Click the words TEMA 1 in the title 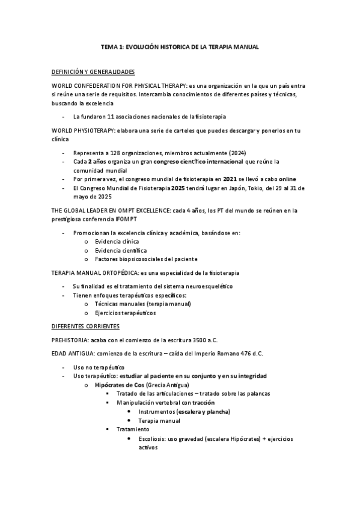coord(109,47)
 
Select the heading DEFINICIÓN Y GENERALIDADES coord(93,72)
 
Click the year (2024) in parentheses coord(236,153)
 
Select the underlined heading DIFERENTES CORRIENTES coord(86,327)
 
